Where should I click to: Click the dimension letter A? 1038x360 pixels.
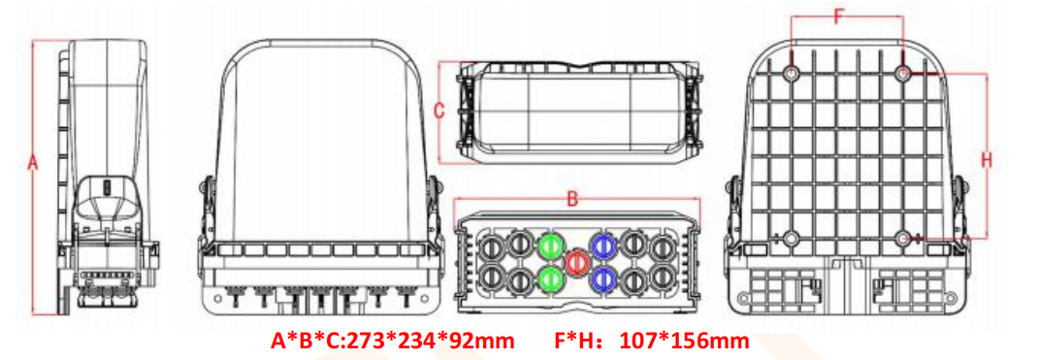[x=32, y=166]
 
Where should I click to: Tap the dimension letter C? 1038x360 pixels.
[x=438, y=112]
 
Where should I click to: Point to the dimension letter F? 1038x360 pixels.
[x=840, y=15]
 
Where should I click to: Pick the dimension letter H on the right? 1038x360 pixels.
[x=988, y=159]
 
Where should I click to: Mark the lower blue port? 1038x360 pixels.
[x=603, y=279]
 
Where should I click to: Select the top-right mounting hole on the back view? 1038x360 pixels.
[x=904, y=74]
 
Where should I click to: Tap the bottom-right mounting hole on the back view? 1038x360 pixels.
[x=904, y=238]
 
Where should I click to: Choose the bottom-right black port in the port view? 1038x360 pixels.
[x=663, y=279]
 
